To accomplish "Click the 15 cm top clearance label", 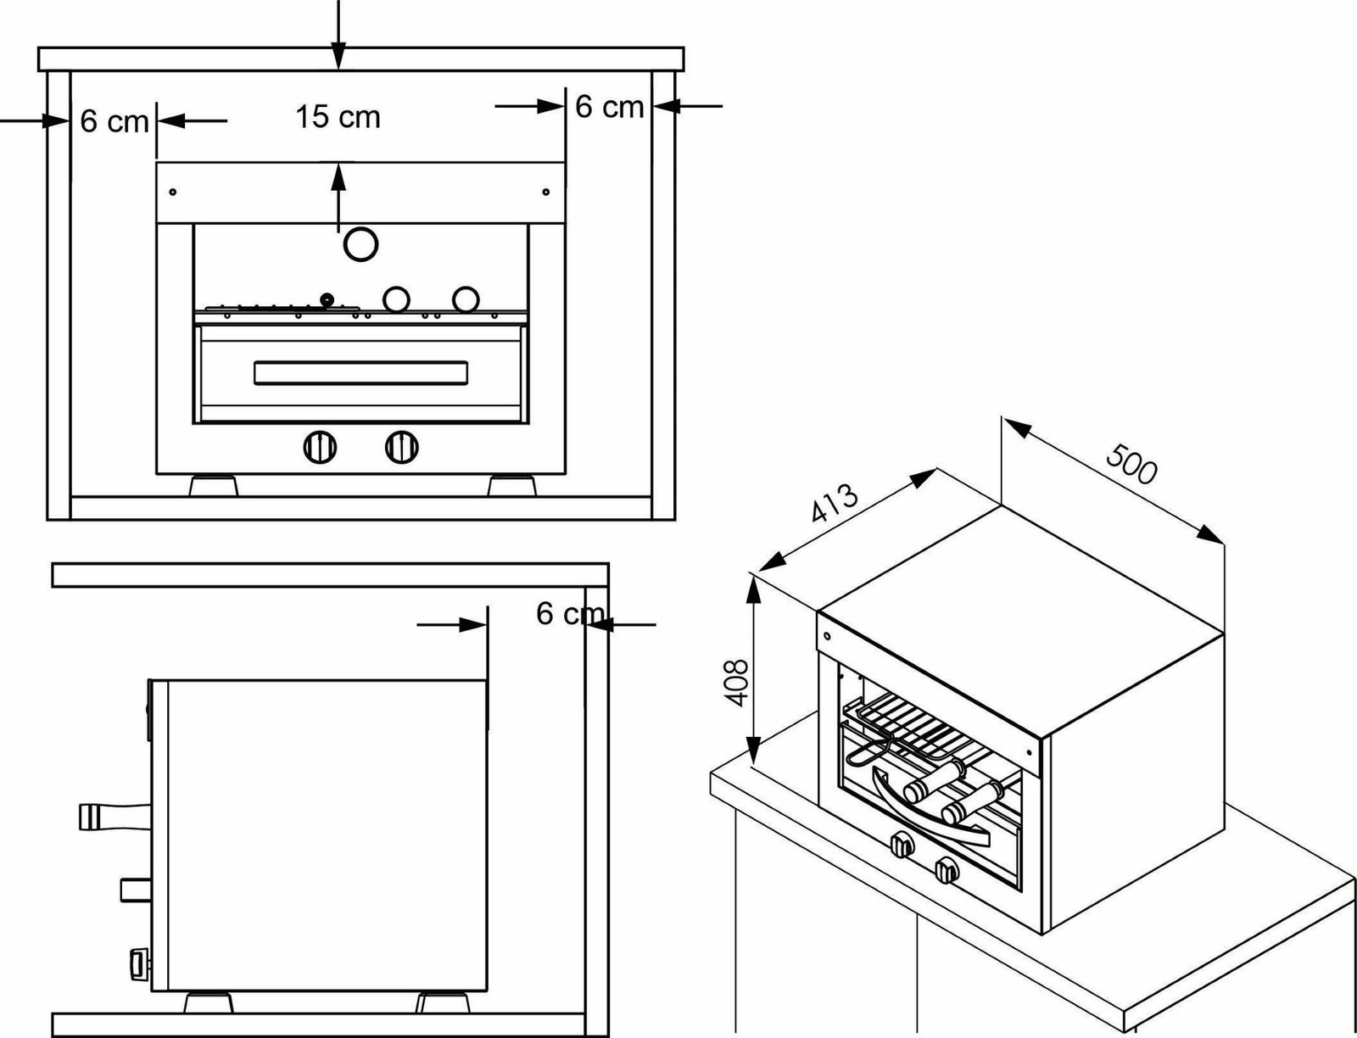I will pos(338,117).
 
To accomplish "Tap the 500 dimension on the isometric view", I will pos(1131,464).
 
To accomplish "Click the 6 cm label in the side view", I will pos(570,613).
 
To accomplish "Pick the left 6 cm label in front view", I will pos(114,121).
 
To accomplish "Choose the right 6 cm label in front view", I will pos(609,107).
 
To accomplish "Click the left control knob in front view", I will pos(320,446).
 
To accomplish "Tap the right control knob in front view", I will pos(401,446).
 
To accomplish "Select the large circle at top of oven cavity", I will pos(360,244).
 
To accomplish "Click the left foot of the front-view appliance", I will pos(212,486).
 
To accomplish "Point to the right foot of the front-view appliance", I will pos(512,486).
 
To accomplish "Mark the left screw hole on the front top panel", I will pos(173,192).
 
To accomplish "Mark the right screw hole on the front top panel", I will pos(545,192).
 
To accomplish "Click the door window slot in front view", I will pos(361,372).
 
